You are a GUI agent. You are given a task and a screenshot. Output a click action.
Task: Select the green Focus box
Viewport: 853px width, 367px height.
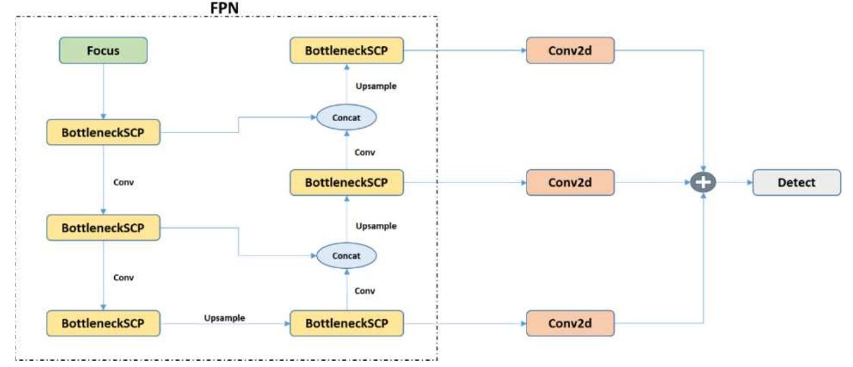coord(103,51)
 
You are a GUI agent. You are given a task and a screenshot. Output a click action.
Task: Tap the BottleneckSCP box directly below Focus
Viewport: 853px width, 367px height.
coord(103,133)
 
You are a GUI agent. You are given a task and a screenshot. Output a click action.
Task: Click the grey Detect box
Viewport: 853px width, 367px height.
coord(796,183)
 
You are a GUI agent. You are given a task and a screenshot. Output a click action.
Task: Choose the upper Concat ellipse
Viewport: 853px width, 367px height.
coord(346,118)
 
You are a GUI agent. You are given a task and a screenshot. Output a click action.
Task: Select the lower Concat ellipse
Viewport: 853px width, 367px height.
coord(346,256)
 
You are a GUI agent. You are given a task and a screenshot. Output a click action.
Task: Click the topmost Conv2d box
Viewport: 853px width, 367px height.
coord(570,51)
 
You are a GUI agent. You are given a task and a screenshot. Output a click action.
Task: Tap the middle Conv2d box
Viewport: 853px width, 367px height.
coord(570,183)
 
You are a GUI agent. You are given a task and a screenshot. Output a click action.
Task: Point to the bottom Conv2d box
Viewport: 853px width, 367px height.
coord(570,323)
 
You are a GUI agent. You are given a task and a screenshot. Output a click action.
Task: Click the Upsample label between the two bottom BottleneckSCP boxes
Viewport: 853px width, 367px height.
coord(224,318)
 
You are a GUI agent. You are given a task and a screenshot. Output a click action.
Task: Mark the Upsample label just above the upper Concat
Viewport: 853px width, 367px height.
coord(376,86)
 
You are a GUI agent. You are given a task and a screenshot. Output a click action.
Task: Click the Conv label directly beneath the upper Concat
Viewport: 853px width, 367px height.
coord(364,153)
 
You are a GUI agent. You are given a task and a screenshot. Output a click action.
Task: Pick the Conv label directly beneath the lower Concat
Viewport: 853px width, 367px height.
coord(364,291)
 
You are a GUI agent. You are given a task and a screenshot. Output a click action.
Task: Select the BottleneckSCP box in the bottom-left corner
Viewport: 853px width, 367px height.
coord(103,323)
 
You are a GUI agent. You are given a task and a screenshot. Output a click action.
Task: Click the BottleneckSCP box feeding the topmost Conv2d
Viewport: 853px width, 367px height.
coord(346,51)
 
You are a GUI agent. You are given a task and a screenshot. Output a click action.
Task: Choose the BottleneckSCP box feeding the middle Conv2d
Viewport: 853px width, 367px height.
coord(346,183)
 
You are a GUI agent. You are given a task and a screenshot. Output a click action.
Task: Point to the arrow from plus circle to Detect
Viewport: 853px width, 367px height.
coord(734,183)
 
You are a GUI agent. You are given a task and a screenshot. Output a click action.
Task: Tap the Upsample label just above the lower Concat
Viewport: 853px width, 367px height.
coord(376,226)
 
